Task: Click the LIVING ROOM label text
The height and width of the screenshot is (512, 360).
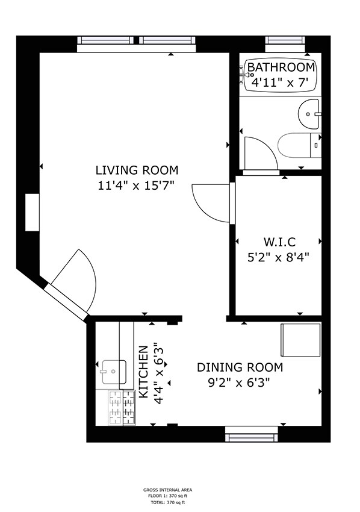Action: pos(137,170)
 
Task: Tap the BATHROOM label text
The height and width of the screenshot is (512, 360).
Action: pos(281,67)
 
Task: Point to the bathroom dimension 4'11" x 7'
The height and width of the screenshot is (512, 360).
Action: pos(280,83)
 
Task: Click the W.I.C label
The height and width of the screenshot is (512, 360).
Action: pos(279,242)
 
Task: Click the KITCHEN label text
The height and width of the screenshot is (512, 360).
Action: pos(144,371)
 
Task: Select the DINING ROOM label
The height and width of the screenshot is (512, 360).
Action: pos(240,367)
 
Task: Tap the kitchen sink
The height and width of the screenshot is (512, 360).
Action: pos(113,372)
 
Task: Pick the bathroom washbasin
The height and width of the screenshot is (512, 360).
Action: pos(310,113)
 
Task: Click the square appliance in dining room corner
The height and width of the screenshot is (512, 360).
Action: pos(301,340)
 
